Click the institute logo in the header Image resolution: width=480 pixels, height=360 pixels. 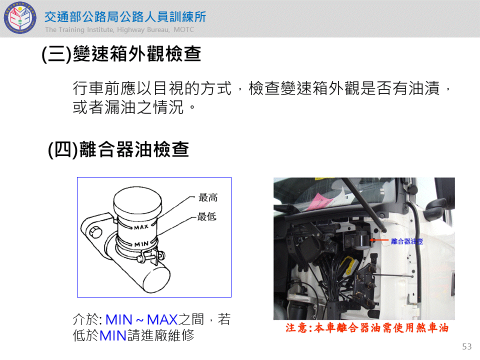(x=20, y=18)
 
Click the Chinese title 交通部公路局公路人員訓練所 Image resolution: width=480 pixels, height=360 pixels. (x=125, y=17)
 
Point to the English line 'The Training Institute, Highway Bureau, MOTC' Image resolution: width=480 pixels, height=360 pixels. (x=119, y=29)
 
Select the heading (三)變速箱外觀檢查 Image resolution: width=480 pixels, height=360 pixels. (x=121, y=54)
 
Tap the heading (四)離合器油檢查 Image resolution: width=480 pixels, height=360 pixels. (x=118, y=149)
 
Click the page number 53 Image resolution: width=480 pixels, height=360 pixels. (x=467, y=346)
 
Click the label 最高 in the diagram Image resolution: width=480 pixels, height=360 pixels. (x=208, y=197)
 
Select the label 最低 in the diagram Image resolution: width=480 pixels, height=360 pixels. (x=207, y=216)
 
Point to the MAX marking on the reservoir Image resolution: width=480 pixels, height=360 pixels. (x=141, y=227)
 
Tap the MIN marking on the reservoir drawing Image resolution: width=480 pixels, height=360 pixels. (x=141, y=244)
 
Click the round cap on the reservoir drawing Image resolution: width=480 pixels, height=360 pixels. (x=137, y=201)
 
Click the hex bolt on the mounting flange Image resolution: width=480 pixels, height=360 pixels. (x=95, y=232)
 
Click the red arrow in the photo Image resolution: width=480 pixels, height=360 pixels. (x=379, y=240)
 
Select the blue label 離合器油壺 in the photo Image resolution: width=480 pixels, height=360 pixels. (x=407, y=241)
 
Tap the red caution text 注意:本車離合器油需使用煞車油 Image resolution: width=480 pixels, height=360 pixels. (x=367, y=328)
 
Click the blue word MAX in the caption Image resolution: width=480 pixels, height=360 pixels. (x=162, y=320)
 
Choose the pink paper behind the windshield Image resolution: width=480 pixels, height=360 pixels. (x=321, y=200)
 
